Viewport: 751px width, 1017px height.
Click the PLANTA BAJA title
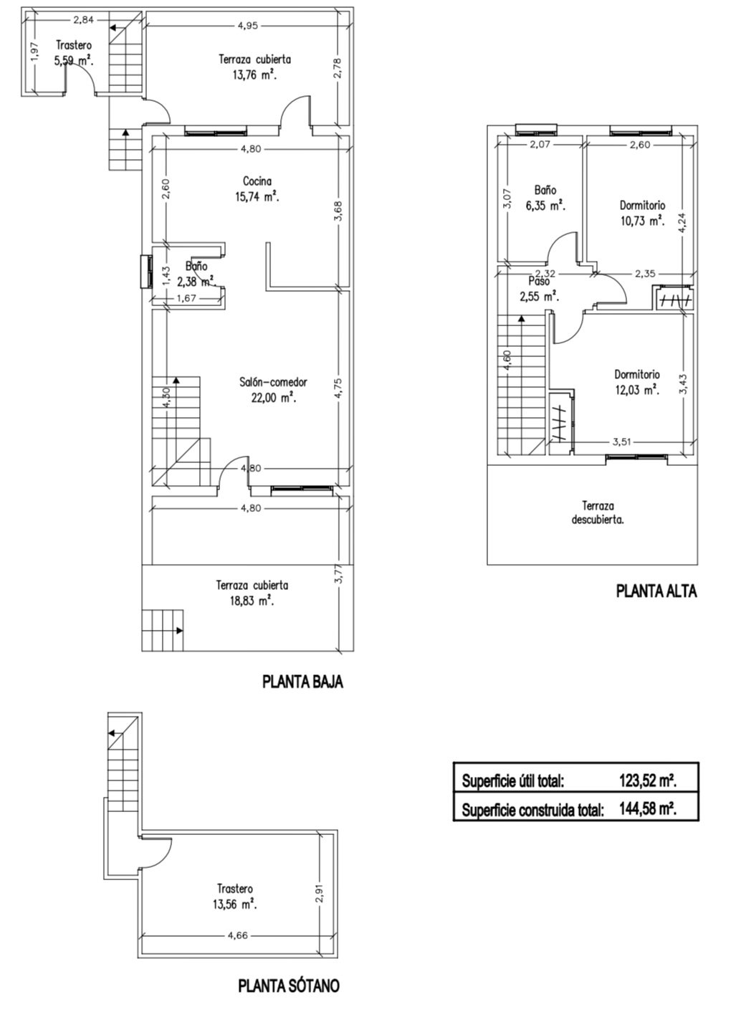(x=302, y=682)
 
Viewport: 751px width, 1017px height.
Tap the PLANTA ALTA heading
(x=656, y=591)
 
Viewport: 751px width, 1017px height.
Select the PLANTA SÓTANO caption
(x=289, y=985)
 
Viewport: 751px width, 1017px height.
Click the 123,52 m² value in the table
(x=648, y=780)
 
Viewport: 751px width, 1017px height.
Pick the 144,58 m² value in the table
(x=648, y=809)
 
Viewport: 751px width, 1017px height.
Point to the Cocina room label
(x=257, y=181)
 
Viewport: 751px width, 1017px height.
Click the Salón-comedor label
(x=273, y=382)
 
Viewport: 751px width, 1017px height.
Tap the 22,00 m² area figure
(x=273, y=398)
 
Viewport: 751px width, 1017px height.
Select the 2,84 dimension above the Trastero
(x=83, y=20)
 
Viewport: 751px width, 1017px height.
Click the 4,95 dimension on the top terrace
(x=247, y=26)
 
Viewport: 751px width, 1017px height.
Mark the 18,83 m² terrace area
(x=252, y=600)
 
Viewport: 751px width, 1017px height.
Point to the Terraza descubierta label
(x=598, y=512)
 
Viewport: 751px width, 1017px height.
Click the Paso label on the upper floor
(x=539, y=281)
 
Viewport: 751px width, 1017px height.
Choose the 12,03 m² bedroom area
(x=637, y=390)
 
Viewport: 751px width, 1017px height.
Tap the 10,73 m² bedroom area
(x=642, y=221)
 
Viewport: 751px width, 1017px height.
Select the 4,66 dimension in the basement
(x=237, y=935)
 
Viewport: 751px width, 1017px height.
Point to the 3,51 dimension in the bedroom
(x=622, y=442)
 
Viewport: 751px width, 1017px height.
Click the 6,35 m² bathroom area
(x=545, y=206)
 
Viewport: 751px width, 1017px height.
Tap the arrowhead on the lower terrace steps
(x=180, y=631)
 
